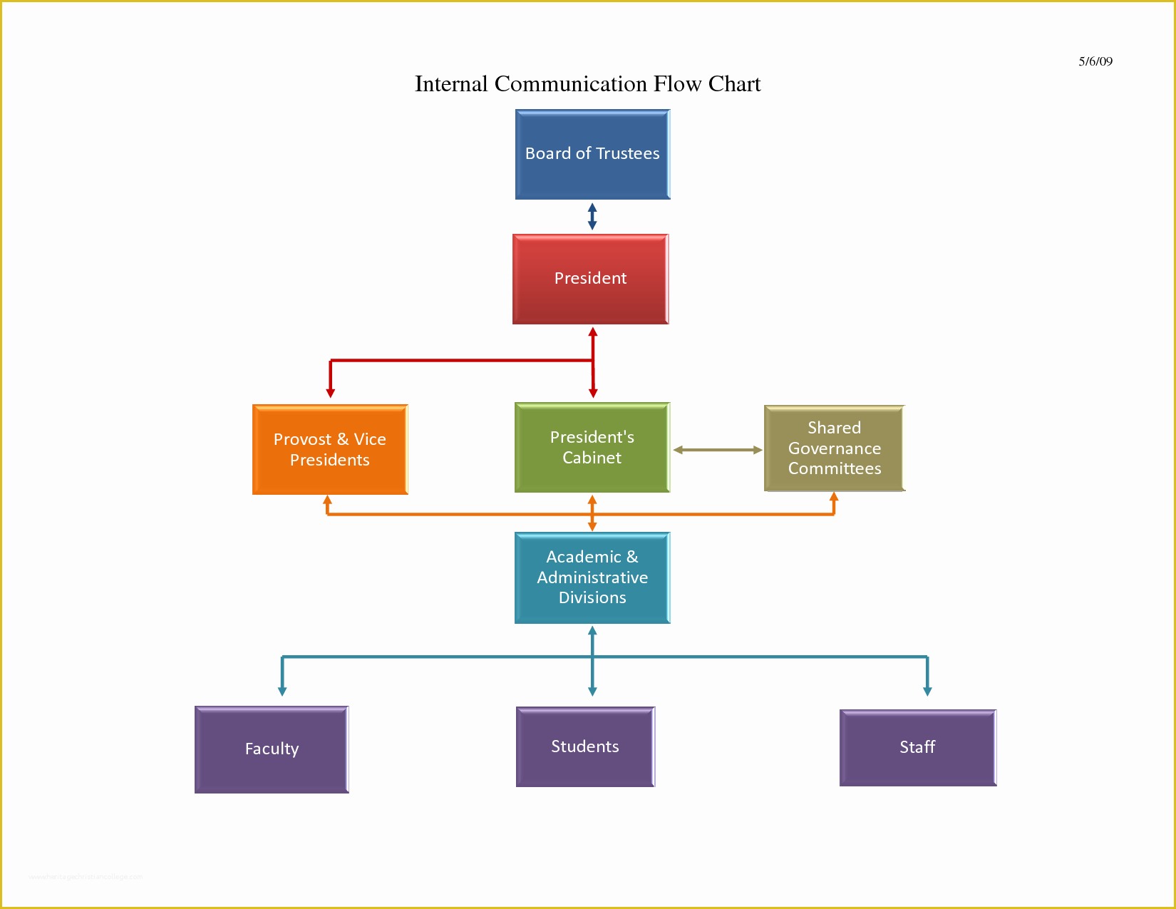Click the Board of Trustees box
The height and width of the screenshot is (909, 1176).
[592, 154]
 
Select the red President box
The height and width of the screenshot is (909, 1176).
[590, 279]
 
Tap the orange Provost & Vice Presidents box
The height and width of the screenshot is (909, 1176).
[329, 449]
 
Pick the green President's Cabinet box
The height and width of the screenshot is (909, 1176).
[592, 448]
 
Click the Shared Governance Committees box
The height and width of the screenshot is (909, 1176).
[834, 448]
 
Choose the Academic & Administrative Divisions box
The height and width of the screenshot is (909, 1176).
[592, 577]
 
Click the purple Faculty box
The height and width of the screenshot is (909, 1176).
[272, 749]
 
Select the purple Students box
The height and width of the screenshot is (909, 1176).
[584, 747]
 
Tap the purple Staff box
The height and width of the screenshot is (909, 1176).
[917, 748]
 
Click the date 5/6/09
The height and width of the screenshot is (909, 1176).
[1095, 61]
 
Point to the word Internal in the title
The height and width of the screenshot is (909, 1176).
[451, 84]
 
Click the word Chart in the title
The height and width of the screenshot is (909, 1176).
[734, 84]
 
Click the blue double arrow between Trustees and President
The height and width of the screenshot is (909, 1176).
[592, 217]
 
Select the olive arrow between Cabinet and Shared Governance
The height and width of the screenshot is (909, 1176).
[717, 450]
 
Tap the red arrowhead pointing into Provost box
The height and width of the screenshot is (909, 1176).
[330, 392]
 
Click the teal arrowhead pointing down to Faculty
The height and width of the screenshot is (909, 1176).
[282, 690]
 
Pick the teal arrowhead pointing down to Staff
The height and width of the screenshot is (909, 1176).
[927, 690]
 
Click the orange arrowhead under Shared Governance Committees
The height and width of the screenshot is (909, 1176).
[834, 497]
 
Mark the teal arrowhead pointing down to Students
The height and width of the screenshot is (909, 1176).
[592, 690]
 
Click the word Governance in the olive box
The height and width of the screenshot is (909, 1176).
[834, 448]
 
